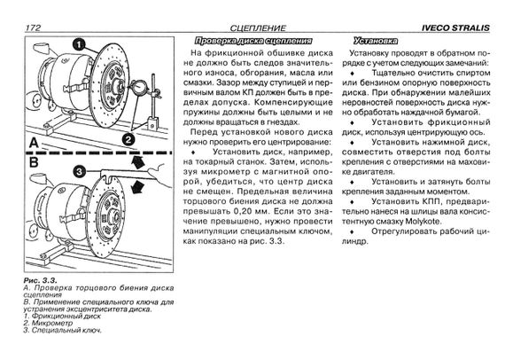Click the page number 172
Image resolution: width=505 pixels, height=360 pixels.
[x=33, y=27]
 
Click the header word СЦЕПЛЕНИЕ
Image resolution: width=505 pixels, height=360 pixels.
[x=258, y=28]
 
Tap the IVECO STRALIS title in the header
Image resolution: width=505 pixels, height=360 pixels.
[x=455, y=28]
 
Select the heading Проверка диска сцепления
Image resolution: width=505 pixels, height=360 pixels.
[x=253, y=41]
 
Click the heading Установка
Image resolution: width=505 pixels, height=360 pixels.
[x=376, y=41]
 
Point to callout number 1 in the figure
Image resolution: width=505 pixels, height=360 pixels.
[x=79, y=45]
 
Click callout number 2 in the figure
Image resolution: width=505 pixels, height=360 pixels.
[x=128, y=139]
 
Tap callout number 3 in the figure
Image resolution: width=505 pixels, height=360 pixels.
[x=79, y=171]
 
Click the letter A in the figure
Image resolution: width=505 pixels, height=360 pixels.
[x=34, y=143]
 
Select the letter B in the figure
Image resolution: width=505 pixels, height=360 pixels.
[x=34, y=162]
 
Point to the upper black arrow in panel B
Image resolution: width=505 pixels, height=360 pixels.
[x=138, y=162]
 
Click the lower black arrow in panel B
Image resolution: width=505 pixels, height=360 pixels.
[x=138, y=186]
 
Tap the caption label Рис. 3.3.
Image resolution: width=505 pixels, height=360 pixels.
[x=40, y=280]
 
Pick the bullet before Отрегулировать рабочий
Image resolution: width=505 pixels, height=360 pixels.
[x=352, y=231]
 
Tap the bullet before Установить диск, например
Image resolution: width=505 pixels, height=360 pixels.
[x=193, y=152]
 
